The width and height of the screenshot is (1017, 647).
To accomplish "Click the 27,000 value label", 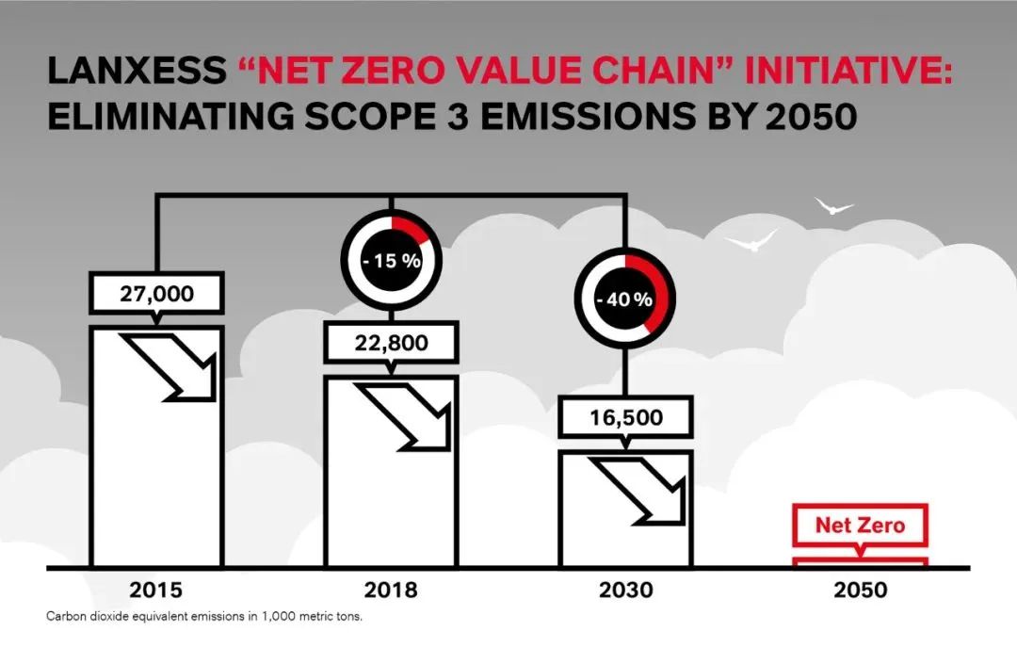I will [156, 293].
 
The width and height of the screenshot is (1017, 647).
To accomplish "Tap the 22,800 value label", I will [391, 343].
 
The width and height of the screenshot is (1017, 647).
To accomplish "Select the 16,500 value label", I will [626, 417].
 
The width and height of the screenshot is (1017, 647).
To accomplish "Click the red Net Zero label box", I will [860, 525].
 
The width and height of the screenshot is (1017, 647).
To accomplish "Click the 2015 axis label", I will [156, 591].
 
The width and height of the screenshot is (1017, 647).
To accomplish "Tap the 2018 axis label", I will [391, 591].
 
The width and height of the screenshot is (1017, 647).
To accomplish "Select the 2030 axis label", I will [626, 591].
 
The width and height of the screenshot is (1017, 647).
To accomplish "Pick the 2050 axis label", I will [860, 591].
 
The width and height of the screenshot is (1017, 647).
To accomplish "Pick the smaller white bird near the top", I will [833, 205].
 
